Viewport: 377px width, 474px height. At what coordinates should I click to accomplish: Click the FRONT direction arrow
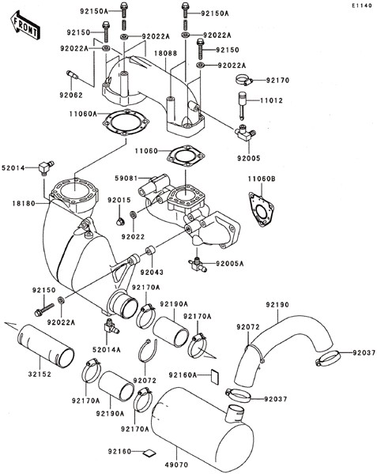pos(25,25)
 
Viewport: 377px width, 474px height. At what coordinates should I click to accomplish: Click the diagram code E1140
pos(361,6)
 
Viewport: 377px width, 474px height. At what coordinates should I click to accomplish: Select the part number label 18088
pos(166,53)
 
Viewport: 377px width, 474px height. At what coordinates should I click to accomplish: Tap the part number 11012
pos(272,100)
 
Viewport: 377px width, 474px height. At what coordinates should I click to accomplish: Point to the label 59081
pos(126,178)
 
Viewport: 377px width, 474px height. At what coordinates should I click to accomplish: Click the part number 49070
pos(176,465)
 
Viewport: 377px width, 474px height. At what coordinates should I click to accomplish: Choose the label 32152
pos(40,374)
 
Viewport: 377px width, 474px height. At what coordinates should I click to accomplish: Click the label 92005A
pos(230,264)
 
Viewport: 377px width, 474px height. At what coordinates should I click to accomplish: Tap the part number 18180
pos(24,204)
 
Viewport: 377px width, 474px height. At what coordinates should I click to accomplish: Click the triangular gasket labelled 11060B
pos(261,209)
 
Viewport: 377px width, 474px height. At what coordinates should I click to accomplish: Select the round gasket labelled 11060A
pos(126,123)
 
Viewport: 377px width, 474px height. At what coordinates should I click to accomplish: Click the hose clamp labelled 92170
pos(243,81)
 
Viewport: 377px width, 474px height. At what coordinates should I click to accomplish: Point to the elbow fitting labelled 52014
pos(46,167)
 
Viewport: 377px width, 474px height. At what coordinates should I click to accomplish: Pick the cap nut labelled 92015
pos(119,222)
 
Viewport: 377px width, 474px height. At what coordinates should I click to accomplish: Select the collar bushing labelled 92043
pos(150,251)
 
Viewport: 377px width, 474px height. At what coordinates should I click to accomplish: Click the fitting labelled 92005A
pos(197,264)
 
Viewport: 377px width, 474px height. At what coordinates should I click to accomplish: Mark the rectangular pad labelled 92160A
pos(215,376)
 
